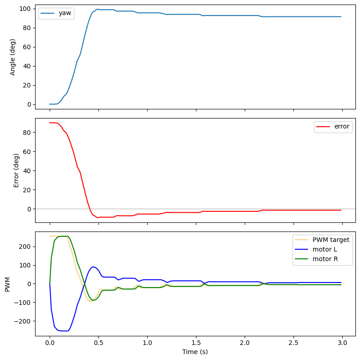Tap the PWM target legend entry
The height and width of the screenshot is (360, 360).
(x=330, y=240)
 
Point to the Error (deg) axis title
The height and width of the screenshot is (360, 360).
(x=16, y=170)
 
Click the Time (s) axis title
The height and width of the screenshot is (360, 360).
(x=195, y=351)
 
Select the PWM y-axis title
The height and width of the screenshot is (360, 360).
(x=7, y=283)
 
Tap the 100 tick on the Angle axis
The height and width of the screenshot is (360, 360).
(x=26, y=9)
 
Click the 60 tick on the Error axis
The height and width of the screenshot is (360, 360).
(x=27, y=151)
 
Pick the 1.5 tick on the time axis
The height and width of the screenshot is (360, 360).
(x=196, y=343)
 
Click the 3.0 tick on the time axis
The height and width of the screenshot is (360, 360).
(x=342, y=343)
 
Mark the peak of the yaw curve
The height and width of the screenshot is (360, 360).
(x=97, y=9)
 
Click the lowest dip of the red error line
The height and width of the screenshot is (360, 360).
(x=97, y=217)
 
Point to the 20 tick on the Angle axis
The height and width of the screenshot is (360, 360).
(x=27, y=85)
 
